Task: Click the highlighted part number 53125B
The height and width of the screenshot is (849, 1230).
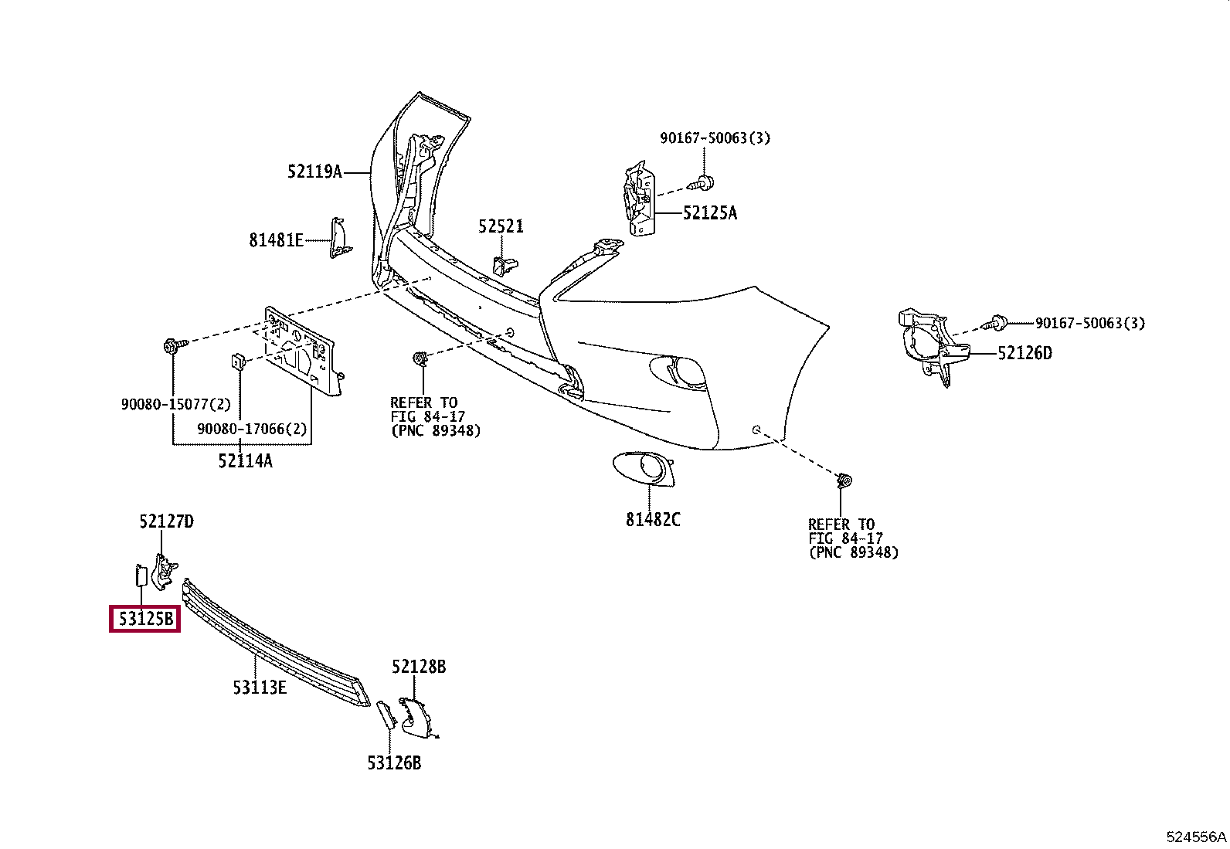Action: (145, 619)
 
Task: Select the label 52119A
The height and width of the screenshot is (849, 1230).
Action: (314, 172)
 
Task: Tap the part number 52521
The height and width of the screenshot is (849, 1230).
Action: (501, 226)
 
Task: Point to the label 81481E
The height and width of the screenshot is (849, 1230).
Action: (276, 240)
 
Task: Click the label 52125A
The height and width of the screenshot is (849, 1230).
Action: (709, 213)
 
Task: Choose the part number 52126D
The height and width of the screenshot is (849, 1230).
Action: (1024, 353)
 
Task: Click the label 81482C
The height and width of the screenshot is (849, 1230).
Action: (653, 519)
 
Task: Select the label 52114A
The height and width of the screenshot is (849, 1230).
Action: (245, 461)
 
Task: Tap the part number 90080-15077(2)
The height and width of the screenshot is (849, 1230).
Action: (175, 405)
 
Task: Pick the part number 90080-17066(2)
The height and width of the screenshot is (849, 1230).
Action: (252, 429)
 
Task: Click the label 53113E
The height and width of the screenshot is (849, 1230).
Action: (260, 688)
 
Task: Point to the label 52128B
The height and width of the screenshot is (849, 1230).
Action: (419, 667)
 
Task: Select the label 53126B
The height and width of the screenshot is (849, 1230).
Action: (394, 762)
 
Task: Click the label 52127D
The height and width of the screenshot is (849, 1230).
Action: (166, 521)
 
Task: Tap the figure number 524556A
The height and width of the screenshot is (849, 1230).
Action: (1196, 837)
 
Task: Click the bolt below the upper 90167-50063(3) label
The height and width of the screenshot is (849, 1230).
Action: (701, 183)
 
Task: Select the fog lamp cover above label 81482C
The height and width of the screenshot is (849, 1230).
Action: (644, 469)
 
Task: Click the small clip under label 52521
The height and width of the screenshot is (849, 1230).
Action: (505, 267)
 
